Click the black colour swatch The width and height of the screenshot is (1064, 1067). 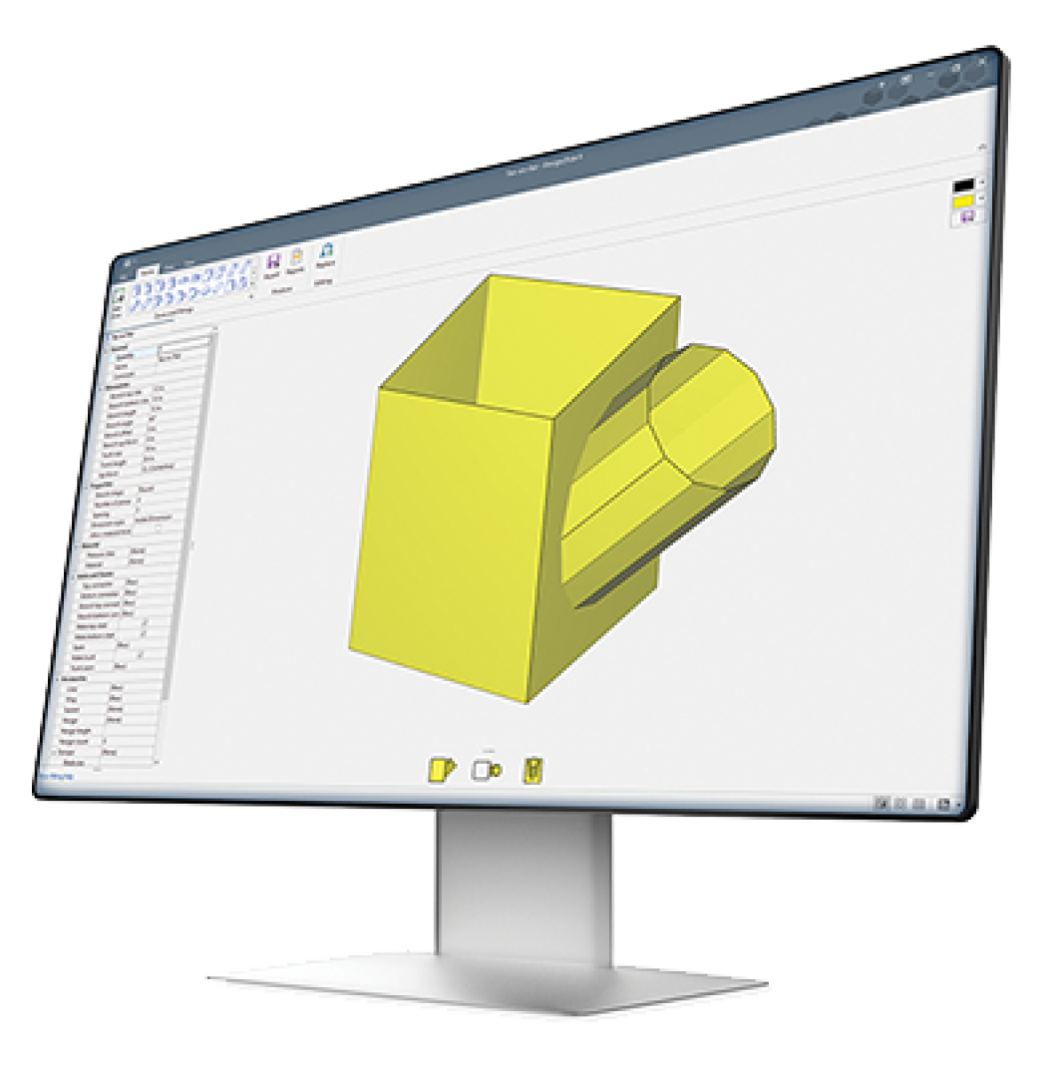point(964,186)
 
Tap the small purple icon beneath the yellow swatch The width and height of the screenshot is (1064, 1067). point(965,216)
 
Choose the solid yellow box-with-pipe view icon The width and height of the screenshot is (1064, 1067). point(442,768)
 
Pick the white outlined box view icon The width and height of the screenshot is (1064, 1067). point(485,770)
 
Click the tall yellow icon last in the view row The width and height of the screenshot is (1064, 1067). point(534,769)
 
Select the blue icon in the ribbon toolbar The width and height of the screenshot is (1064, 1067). point(326,251)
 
